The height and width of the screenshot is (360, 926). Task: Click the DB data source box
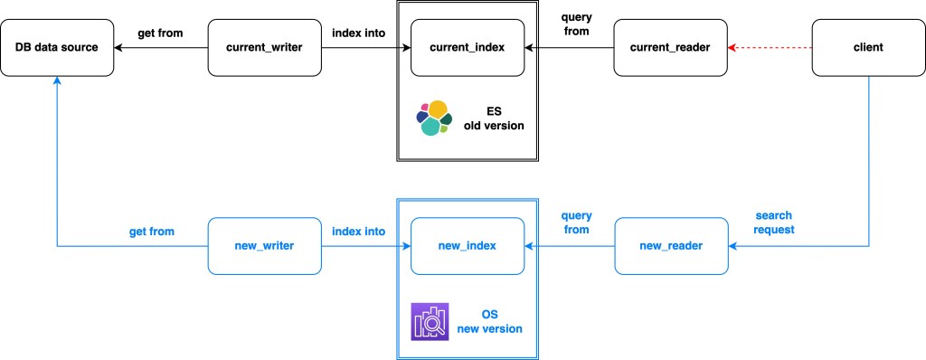point(57,47)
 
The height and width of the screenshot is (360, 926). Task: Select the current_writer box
point(265,47)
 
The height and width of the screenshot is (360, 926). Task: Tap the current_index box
point(468,47)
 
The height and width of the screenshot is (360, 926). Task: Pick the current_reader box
point(670,47)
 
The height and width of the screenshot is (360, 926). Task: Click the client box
point(869,47)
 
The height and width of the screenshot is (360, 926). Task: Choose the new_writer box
point(265,246)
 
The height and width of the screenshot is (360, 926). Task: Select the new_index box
point(468,246)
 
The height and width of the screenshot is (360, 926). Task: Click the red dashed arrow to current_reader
point(770,47)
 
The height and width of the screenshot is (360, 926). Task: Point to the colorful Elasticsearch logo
point(434,118)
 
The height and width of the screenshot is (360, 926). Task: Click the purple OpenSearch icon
point(430,322)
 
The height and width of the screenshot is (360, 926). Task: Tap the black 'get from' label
point(160,33)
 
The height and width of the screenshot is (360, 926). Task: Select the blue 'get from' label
point(152,232)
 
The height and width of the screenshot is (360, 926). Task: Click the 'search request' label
point(774,223)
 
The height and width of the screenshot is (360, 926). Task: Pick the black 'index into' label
point(358,33)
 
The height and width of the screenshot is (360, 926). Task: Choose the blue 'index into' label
point(358,232)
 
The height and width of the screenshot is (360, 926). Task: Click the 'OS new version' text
point(489,322)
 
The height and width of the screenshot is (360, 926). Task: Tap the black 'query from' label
point(576,24)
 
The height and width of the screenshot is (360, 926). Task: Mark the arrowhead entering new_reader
point(732,246)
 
